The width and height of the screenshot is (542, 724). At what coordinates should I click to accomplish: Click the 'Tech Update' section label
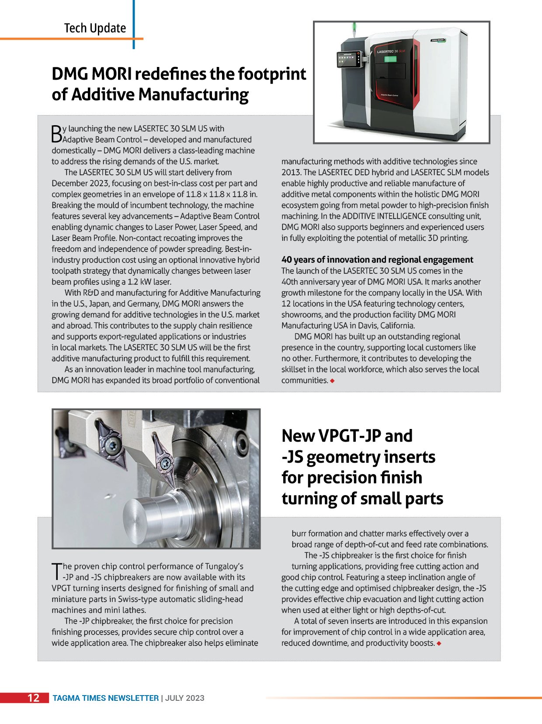95,28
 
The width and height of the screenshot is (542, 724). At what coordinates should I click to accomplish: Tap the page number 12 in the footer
34,698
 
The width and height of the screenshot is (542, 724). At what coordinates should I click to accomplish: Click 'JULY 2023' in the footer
185,698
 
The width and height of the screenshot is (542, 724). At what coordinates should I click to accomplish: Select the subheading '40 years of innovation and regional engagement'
377,260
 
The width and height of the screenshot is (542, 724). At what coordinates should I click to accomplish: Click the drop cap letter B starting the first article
57,134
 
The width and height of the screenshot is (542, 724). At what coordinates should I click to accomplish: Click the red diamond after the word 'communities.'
333,381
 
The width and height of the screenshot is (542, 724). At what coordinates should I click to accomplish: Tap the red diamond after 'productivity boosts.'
439,643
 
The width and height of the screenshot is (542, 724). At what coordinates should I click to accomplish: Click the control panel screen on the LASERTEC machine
347,60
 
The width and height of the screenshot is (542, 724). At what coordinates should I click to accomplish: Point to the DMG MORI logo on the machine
438,40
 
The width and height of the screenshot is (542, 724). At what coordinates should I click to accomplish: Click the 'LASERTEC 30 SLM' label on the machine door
391,52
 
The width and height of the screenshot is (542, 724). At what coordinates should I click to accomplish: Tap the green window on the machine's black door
390,59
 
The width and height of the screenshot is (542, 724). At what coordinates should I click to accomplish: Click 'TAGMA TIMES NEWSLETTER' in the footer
106,698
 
